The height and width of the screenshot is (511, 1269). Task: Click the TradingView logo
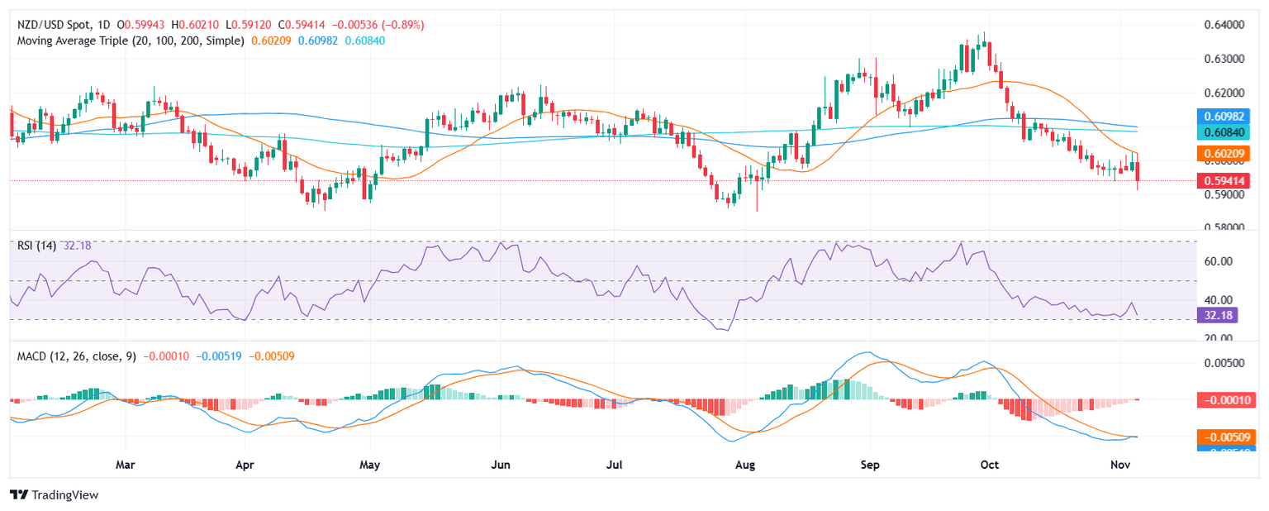(55, 494)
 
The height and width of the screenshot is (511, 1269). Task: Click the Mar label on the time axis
(125, 465)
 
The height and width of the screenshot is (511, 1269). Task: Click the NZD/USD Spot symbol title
(53, 25)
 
